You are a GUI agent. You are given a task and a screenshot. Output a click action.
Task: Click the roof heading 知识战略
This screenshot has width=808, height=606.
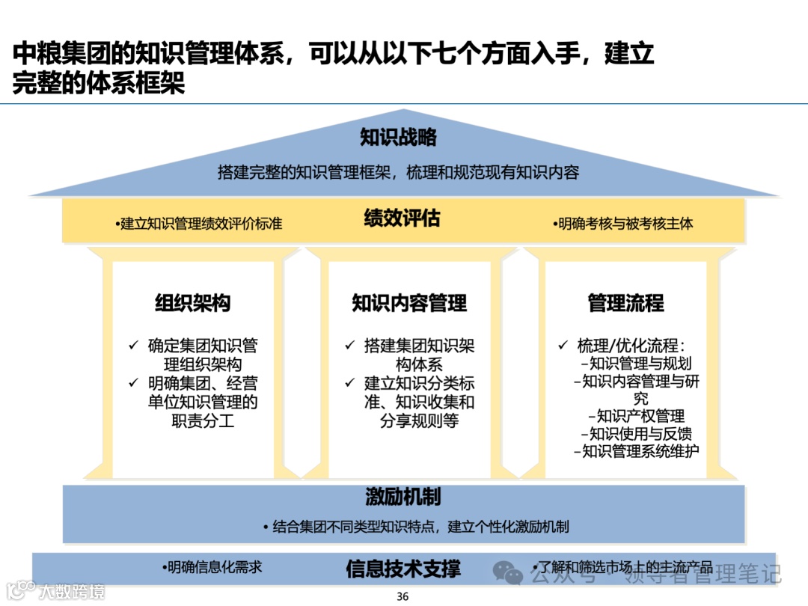click(x=398, y=138)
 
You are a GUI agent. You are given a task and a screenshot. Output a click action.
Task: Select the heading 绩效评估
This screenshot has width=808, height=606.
click(x=402, y=218)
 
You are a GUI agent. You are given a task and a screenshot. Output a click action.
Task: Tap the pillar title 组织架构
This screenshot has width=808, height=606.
click(x=193, y=303)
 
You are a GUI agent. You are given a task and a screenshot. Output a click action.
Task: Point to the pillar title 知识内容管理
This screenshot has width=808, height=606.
click(x=409, y=303)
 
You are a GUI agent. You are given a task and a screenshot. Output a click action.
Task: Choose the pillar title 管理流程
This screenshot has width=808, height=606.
click(x=625, y=303)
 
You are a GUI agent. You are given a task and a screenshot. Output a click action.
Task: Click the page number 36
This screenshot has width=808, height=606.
click(x=403, y=596)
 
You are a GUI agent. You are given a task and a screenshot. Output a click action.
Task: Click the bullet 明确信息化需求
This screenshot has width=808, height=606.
click(x=212, y=567)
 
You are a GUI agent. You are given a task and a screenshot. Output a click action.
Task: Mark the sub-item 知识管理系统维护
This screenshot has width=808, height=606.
click(x=636, y=451)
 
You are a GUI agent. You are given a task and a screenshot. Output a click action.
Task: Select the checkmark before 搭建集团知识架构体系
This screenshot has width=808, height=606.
click(x=349, y=346)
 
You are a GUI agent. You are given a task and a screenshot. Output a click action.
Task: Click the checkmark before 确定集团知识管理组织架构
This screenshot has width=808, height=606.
click(x=133, y=346)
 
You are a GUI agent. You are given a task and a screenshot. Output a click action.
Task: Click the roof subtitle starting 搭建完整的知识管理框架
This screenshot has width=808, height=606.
click(x=398, y=172)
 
